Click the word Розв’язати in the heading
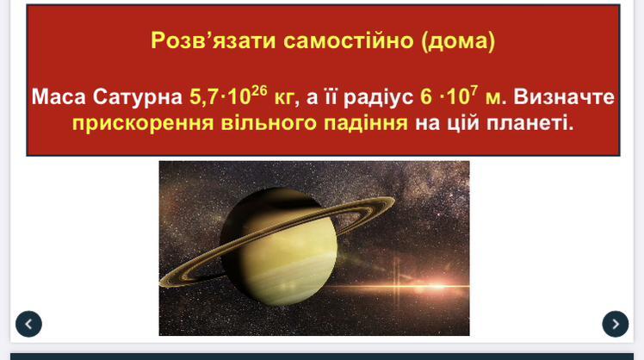213,40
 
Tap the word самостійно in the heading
349,40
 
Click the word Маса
59,97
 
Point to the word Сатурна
138,98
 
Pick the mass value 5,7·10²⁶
228,96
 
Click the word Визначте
564,97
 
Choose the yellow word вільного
269,123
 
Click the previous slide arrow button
28,324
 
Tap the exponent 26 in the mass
259,90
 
